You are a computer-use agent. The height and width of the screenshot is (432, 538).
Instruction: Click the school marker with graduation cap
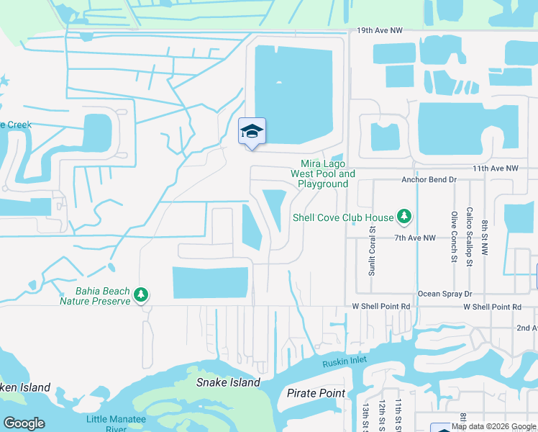point(252,132)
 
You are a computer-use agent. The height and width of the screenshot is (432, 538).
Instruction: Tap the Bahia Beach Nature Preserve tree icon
point(142,295)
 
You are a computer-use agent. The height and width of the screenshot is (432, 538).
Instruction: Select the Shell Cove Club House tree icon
point(404,217)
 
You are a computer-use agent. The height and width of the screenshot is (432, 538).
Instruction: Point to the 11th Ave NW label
point(495,168)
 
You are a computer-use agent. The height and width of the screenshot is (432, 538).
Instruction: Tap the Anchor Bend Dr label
point(429,179)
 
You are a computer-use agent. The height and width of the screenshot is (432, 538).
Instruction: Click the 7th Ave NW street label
point(414,238)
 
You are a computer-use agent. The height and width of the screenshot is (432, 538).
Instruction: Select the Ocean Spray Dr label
point(444,294)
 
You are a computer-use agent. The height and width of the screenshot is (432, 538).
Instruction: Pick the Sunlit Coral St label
point(373,251)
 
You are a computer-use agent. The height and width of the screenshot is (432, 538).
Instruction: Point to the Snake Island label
point(228,382)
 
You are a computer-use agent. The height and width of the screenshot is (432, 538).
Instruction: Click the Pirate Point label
point(316,393)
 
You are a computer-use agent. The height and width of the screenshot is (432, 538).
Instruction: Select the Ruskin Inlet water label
point(344,363)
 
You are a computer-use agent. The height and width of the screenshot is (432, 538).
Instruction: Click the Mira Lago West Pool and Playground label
point(323,174)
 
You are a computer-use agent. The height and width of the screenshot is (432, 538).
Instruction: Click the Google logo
point(24,423)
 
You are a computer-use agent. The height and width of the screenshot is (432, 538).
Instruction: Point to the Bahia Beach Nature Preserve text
point(103,296)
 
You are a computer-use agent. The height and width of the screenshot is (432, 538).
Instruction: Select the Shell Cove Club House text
point(343,217)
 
